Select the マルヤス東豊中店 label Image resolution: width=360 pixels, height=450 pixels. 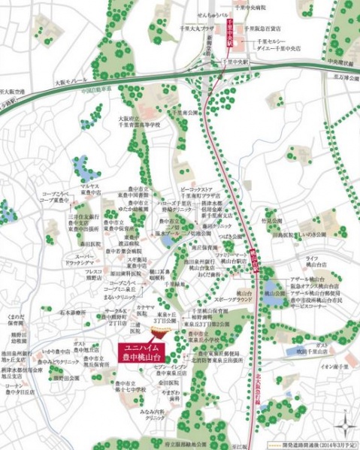(91, 188)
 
